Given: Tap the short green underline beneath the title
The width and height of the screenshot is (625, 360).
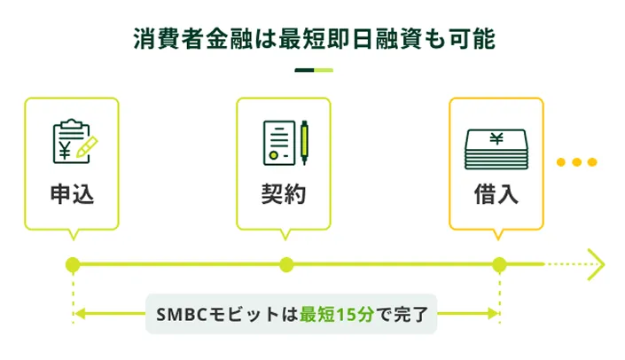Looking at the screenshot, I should [312, 70].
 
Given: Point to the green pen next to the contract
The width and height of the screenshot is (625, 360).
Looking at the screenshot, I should [303, 142].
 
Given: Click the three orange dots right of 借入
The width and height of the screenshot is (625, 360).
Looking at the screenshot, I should [576, 162].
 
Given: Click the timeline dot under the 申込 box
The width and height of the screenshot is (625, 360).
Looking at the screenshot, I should [73, 264].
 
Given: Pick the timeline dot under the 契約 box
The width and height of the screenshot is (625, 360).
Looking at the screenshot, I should [285, 264].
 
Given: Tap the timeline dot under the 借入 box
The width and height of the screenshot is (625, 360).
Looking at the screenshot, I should [499, 264].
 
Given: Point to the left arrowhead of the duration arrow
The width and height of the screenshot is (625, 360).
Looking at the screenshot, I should [79, 313].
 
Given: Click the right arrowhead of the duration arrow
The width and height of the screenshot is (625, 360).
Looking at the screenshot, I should [493, 313].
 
